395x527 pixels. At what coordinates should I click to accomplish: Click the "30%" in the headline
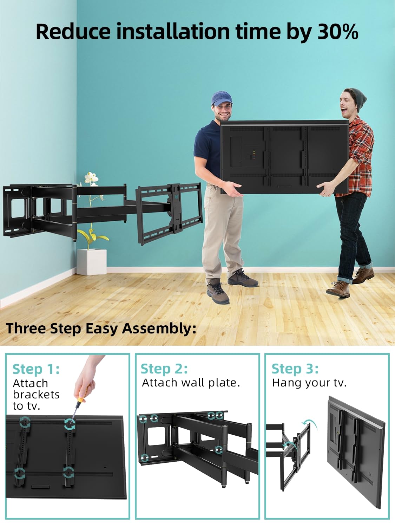(338, 32)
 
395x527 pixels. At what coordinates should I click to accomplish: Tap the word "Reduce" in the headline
(73, 32)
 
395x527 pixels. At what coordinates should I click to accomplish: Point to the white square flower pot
(91, 262)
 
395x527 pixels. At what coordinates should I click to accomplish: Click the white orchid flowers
(91, 178)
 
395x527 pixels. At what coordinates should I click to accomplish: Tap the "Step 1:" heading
(36, 369)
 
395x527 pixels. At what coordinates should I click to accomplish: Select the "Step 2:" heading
(164, 369)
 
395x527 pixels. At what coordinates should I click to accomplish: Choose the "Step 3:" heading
(295, 369)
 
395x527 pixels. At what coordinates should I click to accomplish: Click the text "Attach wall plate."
(191, 383)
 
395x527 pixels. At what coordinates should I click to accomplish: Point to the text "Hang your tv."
(309, 383)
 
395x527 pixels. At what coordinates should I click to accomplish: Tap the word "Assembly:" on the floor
(159, 329)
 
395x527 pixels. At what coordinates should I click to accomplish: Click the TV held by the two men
(284, 157)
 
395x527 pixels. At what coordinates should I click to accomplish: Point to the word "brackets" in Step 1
(36, 395)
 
